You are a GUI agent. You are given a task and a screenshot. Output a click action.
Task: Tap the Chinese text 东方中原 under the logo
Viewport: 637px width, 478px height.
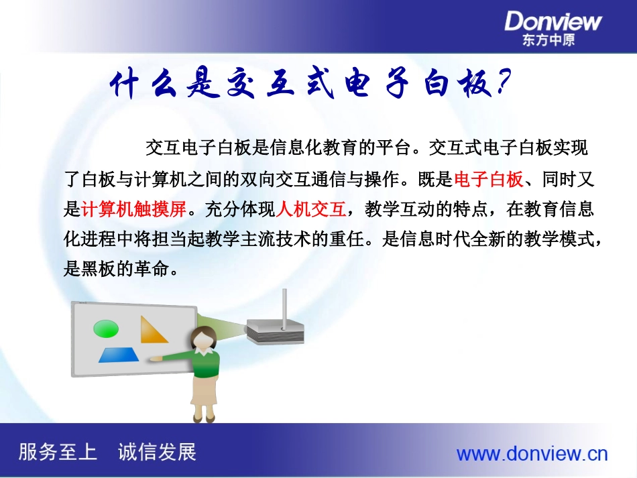[x=548, y=40]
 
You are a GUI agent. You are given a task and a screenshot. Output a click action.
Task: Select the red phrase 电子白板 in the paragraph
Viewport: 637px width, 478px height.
[x=488, y=180]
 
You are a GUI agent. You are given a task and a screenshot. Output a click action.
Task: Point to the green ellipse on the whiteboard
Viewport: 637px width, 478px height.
[x=107, y=328]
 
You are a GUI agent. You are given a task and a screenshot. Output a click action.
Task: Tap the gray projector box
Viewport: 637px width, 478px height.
[x=276, y=330]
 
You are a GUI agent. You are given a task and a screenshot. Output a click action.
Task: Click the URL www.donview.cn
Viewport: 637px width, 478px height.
[x=532, y=454]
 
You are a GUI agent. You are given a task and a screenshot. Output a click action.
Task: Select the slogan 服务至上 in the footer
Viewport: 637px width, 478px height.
[x=58, y=452]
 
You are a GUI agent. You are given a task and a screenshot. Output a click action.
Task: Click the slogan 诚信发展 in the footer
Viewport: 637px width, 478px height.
[x=157, y=452]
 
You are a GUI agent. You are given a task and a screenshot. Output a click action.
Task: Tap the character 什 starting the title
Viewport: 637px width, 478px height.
[x=127, y=86]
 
